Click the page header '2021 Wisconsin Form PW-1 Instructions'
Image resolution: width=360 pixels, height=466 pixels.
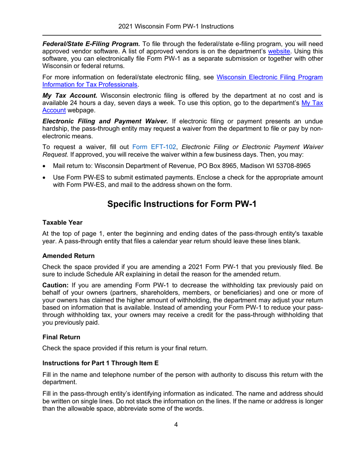(175, 27)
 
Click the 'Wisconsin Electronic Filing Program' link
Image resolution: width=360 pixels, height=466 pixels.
(270, 77)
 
